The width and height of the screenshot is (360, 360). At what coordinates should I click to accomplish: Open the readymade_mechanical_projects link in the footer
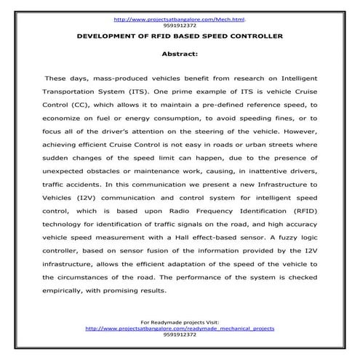(180, 329)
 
